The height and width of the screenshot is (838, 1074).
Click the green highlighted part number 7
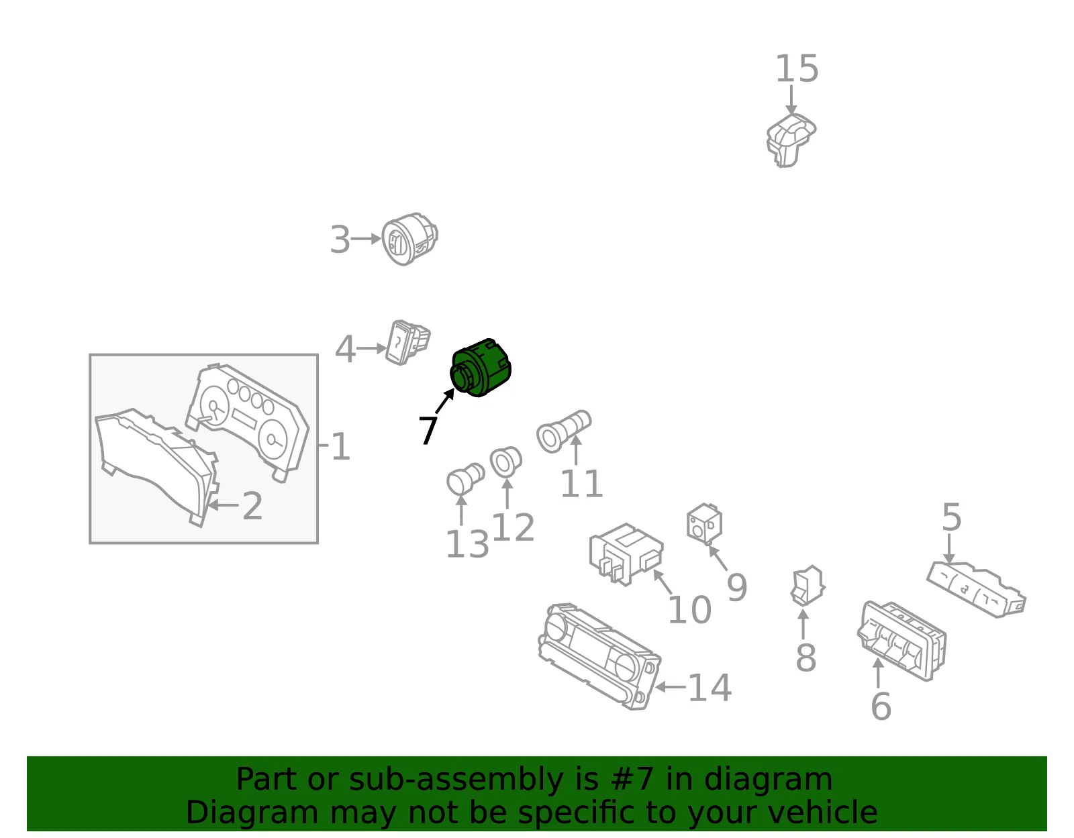click(481, 368)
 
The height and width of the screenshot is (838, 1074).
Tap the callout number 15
click(796, 68)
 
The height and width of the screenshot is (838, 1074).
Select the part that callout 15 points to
click(790, 140)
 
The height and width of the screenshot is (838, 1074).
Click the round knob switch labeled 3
click(409, 239)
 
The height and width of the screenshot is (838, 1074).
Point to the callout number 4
click(345, 349)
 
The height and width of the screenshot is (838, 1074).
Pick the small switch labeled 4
click(407, 343)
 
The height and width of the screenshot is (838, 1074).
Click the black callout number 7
click(428, 429)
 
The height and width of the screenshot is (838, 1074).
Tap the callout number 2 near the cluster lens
click(252, 506)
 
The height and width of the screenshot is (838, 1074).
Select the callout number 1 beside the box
click(340, 446)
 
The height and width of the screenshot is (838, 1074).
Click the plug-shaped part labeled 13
click(465, 478)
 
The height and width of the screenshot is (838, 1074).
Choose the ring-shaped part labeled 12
click(505, 462)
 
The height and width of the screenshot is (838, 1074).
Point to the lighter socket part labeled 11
click(564, 431)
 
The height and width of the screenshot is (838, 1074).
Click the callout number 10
click(689, 609)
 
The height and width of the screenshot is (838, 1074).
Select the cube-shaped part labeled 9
click(704, 524)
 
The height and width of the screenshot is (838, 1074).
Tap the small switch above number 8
click(808, 586)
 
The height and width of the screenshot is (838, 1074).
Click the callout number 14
click(710, 688)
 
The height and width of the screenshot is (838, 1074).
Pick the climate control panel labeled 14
click(599, 656)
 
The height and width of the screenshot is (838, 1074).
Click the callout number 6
click(881, 706)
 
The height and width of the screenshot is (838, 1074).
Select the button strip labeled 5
click(976, 590)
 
